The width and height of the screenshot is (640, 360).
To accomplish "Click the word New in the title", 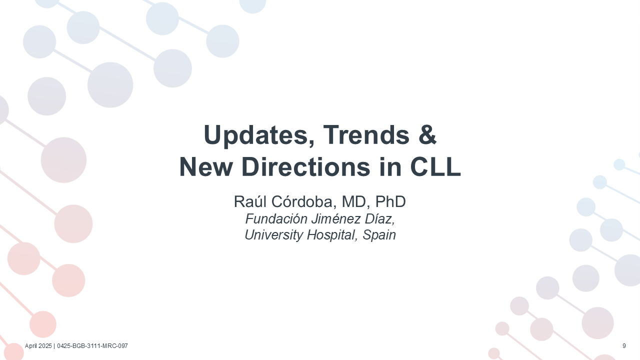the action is point(205,167).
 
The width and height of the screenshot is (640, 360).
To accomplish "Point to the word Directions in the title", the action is point(306,167).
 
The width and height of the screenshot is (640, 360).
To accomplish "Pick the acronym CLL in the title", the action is point(435,167).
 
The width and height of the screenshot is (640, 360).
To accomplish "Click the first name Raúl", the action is point(250,201).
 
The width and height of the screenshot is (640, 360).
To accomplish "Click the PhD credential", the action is point(390,201).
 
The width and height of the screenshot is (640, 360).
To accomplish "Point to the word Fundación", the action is point(276,219).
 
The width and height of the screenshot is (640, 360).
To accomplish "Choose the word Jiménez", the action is point(335,219).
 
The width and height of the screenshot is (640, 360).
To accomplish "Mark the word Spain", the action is point(379,235).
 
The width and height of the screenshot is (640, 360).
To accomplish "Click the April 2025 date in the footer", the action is point(38,346).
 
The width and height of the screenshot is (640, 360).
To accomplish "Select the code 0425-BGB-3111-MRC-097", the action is point(92,346).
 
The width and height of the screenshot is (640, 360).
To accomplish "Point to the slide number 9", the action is point(624,346).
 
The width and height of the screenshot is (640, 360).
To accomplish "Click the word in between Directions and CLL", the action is point(390,167).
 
